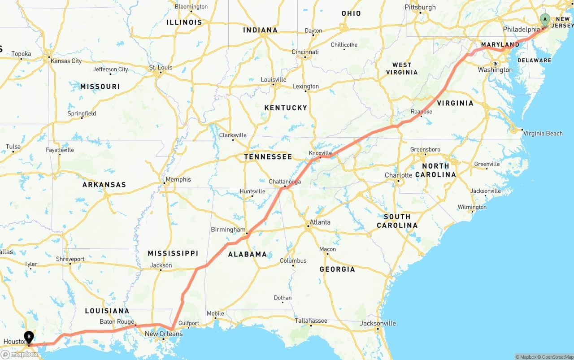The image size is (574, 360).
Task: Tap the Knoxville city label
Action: (320, 153)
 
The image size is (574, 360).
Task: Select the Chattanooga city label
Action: (285, 182)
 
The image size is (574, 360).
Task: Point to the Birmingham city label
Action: (228, 230)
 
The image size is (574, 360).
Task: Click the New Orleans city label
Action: (164, 334)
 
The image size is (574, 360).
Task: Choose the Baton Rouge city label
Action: (117, 321)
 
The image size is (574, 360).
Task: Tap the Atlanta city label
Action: (320, 222)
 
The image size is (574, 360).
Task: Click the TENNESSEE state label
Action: (268, 157)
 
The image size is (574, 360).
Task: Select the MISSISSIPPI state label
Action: (173, 253)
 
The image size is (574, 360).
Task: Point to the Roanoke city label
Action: (422, 112)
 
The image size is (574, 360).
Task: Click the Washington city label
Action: (495, 70)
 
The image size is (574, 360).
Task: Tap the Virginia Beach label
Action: (543, 133)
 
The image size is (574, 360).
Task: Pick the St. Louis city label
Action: (161, 68)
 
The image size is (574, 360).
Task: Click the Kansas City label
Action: (66, 61)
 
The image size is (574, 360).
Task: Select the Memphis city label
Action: (178, 179)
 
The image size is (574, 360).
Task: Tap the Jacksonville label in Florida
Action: (380, 323)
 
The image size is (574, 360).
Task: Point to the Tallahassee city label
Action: (311, 321)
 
